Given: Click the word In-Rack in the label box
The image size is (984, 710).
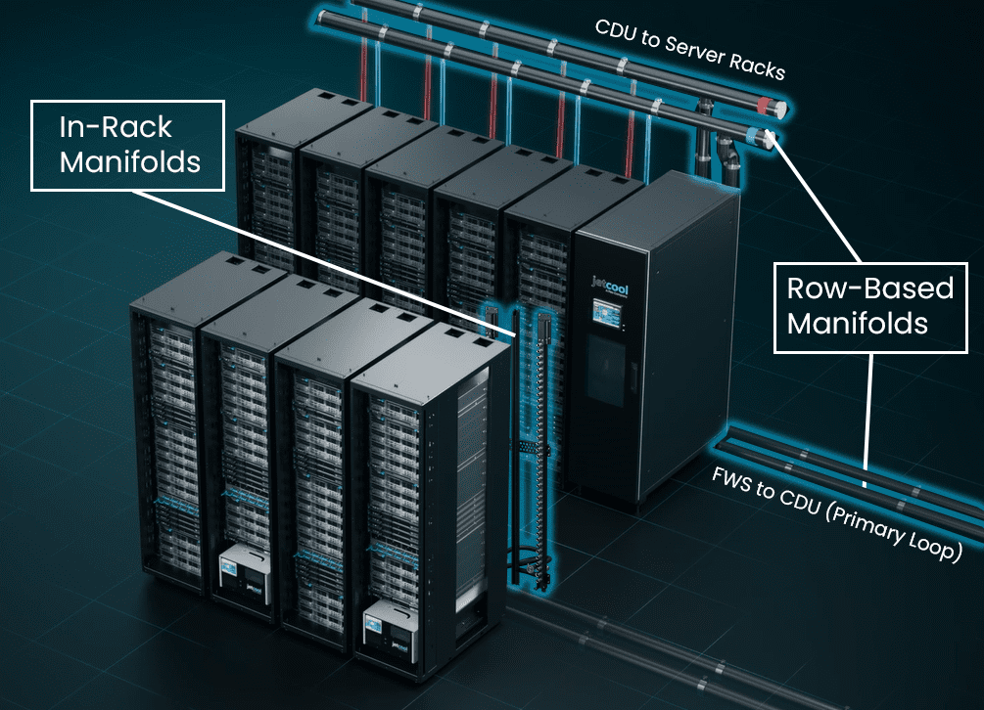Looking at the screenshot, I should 116,126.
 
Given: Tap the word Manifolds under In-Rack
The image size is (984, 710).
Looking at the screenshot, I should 130,160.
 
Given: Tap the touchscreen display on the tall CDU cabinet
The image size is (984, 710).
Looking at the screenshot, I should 602,319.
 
